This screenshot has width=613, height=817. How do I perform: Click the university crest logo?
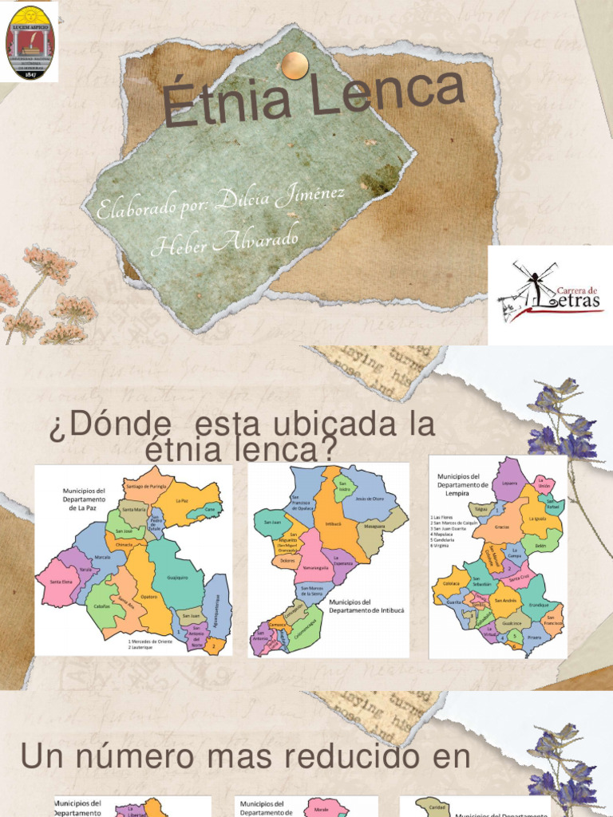[31, 42]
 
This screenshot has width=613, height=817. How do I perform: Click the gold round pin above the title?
[295, 66]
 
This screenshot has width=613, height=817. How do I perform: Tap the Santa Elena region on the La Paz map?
[61, 582]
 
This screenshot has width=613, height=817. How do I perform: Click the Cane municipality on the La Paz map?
[210, 507]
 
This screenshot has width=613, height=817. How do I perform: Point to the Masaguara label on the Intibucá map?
[374, 527]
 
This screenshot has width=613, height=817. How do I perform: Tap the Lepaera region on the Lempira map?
[509, 483]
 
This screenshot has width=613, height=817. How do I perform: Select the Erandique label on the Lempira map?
[538, 604]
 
